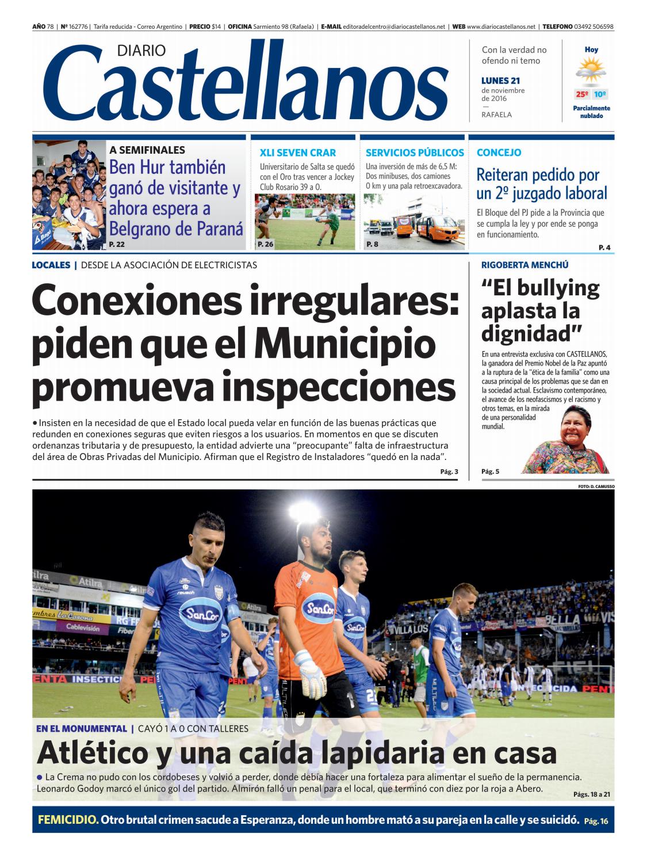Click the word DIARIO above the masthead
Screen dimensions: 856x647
tap(141, 51)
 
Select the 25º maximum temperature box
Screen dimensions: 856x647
tap(581, 94)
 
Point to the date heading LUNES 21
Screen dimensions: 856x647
tap(500, 81)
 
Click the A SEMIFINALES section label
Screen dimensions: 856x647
tap(147, 150)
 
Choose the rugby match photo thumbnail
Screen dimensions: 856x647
tap(305, 221)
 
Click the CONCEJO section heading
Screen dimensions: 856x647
tap(499, 153)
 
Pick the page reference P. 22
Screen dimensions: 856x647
tap(117, 245)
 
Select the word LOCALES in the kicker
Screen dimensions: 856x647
tap(51, 265)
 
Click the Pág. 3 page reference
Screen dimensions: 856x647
tap(449, 472)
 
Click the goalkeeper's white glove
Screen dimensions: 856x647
tap(308, 670)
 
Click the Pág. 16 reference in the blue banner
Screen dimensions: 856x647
tap(596, 821)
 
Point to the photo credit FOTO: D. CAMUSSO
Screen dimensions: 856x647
tap(596, 486)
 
